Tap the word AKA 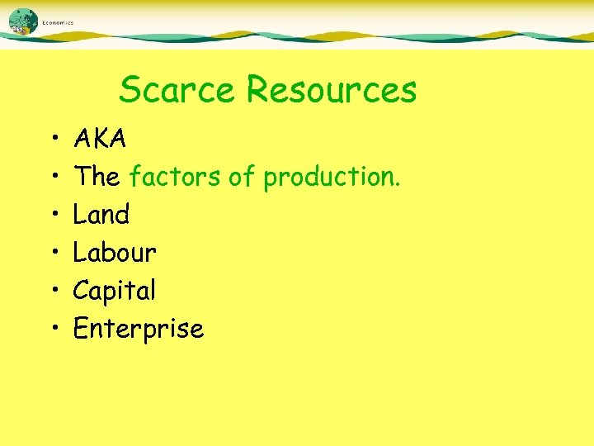100,139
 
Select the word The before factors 97,176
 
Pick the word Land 101,214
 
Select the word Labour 115,252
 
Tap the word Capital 114,291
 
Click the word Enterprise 138,329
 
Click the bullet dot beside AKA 52,140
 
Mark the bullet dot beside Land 52,216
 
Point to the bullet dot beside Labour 52,254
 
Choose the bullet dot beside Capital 52,292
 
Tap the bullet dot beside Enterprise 52,330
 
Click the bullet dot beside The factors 52,178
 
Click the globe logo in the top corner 24,21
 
